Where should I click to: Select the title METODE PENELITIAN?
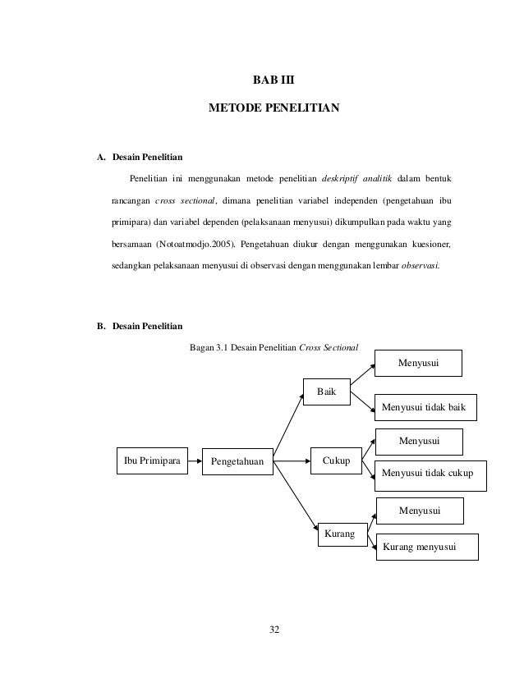click(271, 108)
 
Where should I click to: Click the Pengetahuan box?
click(237, 462)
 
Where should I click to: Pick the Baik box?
click(327, 391)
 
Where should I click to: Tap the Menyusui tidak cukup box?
click(430, 474)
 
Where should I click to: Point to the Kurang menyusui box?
click(426, 547)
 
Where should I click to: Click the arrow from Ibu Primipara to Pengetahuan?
click(194, 461)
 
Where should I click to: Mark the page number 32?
click(274, 630)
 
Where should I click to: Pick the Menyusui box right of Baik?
click(418, 362)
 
